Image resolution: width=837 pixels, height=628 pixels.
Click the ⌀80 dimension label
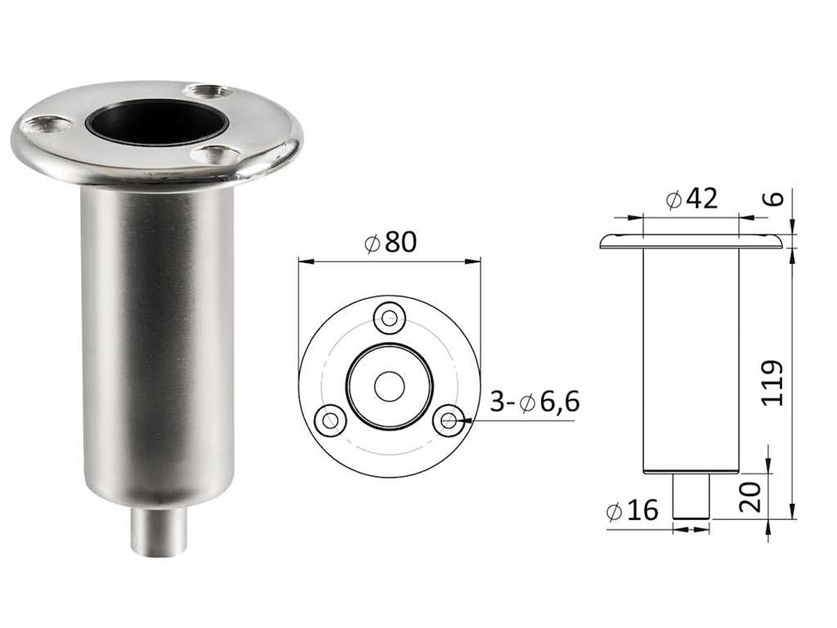390,242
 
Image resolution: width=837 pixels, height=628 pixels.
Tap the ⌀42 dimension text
691,200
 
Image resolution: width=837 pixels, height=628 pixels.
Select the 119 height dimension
773,383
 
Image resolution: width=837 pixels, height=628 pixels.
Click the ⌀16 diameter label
633,511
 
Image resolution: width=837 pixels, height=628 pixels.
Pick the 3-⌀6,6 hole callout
534,403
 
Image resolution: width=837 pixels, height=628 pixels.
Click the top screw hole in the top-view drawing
390,319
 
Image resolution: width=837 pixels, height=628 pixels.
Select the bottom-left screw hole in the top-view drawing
330,421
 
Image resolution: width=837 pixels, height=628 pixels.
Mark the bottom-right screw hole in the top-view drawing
448,421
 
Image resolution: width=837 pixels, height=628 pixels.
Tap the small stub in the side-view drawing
691,496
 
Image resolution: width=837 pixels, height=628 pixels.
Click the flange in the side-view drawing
691,241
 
